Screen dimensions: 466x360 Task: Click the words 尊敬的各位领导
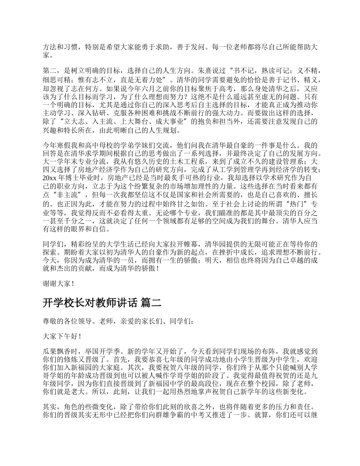[67, 321]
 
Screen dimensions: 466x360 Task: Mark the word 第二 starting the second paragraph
[49, 70]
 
